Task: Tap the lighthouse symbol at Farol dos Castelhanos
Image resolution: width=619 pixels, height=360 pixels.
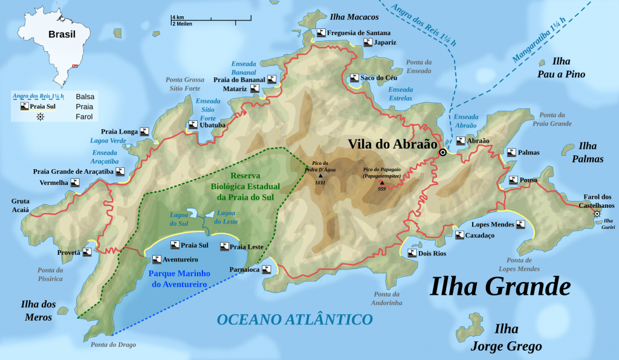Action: (x=597, y=214)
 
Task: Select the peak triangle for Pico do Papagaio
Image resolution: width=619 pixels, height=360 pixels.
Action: (x=381, y=182)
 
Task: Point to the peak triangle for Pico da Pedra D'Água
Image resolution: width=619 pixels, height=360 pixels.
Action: (x=320, y=176)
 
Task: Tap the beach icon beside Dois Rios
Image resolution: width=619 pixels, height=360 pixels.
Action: (x=412, y=253)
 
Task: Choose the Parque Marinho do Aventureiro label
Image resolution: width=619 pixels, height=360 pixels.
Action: (x=178, y=278)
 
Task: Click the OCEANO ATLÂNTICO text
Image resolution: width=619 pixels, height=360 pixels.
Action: (x=294, y=318)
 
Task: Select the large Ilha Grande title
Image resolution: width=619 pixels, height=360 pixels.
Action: (x=500, y=286)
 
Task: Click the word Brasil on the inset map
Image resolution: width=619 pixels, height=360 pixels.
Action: (x=62, y=34)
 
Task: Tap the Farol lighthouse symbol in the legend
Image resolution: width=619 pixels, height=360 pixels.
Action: (x=41, y=117)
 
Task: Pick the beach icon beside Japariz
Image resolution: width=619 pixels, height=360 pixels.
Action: (x=368, y=42)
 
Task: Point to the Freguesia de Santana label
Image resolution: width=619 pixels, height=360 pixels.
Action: (x=358, y=33)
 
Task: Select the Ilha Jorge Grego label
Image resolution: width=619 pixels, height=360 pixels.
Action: (x=507, y=338)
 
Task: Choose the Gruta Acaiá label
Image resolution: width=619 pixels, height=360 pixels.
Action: (x=20, y=207)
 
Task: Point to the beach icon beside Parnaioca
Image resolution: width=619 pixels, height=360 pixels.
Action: (x=266, y=269)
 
